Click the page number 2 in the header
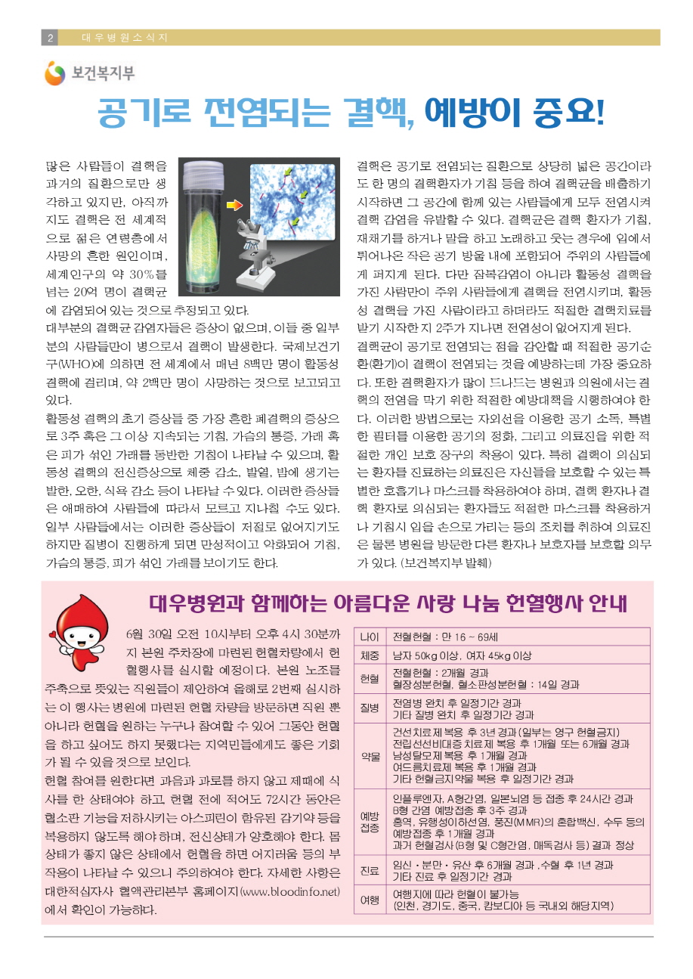(x=50, y=38)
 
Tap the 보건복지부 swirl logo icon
(x=55, y=73)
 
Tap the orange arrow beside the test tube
(x=235, y=204)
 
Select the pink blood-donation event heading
(x=388, y=605)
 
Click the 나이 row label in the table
(x=370, y=637)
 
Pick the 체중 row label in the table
(x=370, y=655)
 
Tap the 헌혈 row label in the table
(x=370, y=679)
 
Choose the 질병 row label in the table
(x=370, y=709)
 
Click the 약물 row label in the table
(x=370, y=755)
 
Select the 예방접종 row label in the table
(x=370, y=822)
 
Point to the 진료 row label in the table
(x=370, y=871)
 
